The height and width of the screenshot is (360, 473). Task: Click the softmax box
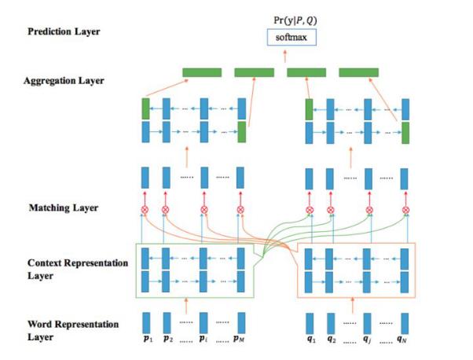click(x=291, y=38)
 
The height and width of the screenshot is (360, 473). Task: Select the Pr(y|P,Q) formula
click(x=295, y=20)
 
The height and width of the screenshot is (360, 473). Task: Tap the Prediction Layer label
click(x=64, y=31)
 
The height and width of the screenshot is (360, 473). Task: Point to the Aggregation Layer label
click(x=64, y=81)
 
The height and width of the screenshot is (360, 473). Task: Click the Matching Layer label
click(x=64, y=208)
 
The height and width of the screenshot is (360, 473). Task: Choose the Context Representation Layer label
click(x=78, y=269)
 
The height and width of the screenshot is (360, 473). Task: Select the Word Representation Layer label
click(x=73, y=330)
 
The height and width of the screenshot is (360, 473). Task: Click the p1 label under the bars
click(x=148, y=339)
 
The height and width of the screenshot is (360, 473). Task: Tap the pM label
click(x=239, y=339)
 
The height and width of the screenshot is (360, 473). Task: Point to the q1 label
click(x=311, y=340)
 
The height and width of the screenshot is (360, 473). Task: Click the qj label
click(x=367, y=340)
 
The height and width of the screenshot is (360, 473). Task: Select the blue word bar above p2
click(x=167, y=323)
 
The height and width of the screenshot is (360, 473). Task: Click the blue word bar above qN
click(x=405, y=324)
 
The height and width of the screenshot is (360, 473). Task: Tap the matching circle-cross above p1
click(x=145, y=209)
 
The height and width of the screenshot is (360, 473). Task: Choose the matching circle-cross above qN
click(x=405, y=210)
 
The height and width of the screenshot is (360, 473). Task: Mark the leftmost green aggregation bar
click(x=202, y=72)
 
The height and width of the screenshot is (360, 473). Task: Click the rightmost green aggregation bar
click(x=358, y=72)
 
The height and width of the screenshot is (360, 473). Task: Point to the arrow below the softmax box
click(x=285, y=57)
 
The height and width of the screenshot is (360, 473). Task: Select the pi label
click(x=203, y=339)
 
